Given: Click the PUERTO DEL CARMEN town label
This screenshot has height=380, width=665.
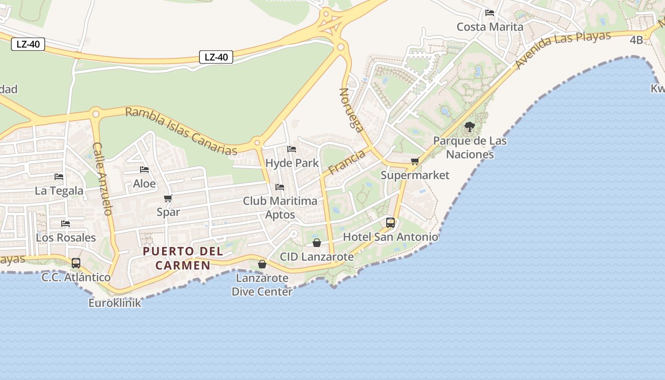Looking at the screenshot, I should click(x=176, y=258).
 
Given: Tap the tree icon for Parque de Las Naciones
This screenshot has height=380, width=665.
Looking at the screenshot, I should click(x=469, y=127).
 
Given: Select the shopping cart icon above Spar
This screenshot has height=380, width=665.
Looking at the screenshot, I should click(x=168, y=198).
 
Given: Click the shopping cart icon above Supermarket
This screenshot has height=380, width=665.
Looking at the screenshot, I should click(x=415, y=161).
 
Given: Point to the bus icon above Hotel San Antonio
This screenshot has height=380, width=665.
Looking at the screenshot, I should click(x=390, y=222).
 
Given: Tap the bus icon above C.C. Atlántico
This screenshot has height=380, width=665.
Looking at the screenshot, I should click(x=76, y=263).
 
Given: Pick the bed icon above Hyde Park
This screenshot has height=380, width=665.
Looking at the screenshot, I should click(x=292, y=149).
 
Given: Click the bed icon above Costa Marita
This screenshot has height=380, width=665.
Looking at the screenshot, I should click(x=490, y=13).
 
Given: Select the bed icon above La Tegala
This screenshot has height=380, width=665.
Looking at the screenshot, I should click(x=59, y=177).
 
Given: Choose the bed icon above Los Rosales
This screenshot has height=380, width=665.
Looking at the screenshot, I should click(x=66, y=223).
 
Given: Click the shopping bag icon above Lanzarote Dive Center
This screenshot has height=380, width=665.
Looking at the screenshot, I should click(x=262, y=264).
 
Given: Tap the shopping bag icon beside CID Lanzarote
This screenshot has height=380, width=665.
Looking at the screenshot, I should click(x=317, y=243).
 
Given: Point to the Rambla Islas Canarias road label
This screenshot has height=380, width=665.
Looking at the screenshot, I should click(x=181, y=132).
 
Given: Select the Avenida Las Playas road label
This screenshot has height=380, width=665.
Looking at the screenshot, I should click(x=563, y=50).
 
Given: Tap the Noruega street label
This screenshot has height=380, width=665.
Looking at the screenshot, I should click(x=351, y=109).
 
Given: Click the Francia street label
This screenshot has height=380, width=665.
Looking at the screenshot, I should click(x=346, y=162).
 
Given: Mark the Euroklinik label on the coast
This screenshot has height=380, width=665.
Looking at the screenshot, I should click(x=115, y=303).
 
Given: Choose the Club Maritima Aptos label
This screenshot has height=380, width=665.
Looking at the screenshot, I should click(x=280, y=208).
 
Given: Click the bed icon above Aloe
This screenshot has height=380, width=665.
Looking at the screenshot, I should click(x=144, y=170).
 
